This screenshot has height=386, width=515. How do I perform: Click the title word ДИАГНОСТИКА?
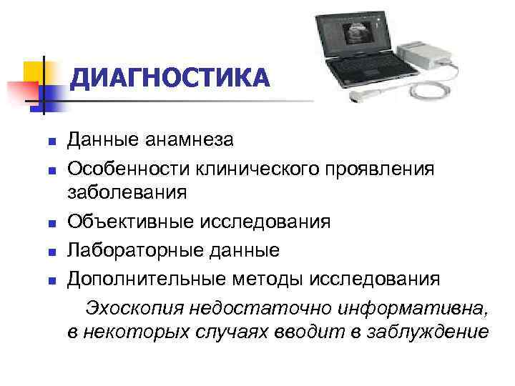coord(171,78)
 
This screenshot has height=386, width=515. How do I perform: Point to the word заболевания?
coord(127,192)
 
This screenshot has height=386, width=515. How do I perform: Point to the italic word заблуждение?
coord(429,332)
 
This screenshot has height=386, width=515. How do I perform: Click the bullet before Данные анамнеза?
coord(52,142)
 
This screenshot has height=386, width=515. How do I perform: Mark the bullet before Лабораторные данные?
coord(52,252)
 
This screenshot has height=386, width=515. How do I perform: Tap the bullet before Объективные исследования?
coord(52,223)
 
